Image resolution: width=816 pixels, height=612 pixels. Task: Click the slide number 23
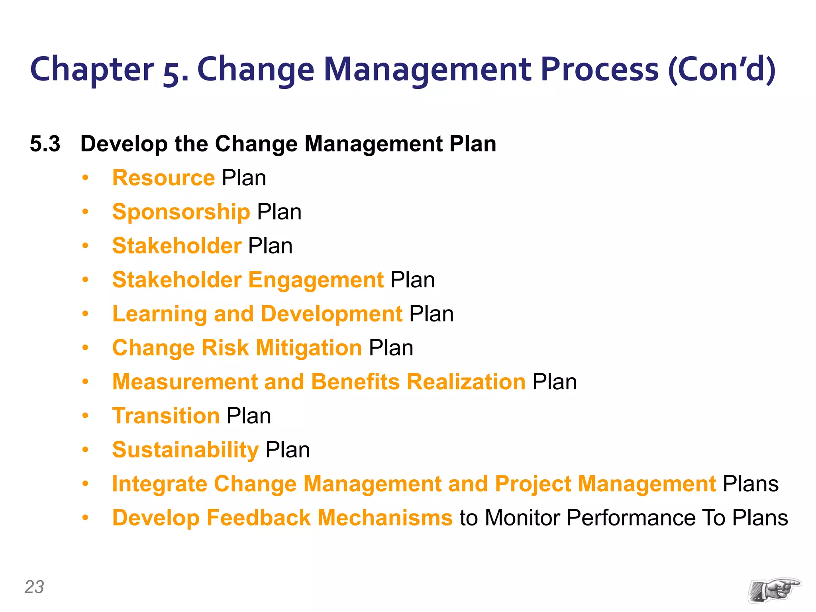34,587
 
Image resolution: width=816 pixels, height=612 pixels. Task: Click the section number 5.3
45,144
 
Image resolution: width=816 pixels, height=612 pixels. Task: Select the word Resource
163,178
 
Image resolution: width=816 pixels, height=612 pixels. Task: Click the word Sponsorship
181,212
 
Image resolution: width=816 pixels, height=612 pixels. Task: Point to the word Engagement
316,280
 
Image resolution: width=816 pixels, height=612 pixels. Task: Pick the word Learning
159,314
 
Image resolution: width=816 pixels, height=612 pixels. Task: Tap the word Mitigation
309,348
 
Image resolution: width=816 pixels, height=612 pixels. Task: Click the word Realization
466,382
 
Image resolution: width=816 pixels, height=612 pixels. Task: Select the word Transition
166,416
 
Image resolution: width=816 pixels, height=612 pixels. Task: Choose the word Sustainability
185,450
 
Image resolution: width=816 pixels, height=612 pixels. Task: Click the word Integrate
159,484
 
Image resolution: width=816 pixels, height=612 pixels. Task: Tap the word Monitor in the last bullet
522,518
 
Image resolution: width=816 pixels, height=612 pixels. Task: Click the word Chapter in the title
92,69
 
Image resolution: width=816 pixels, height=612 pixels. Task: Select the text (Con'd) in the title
722,69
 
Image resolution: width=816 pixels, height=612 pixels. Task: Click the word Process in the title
600,69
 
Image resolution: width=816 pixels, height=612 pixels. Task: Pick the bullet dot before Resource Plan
85,178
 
